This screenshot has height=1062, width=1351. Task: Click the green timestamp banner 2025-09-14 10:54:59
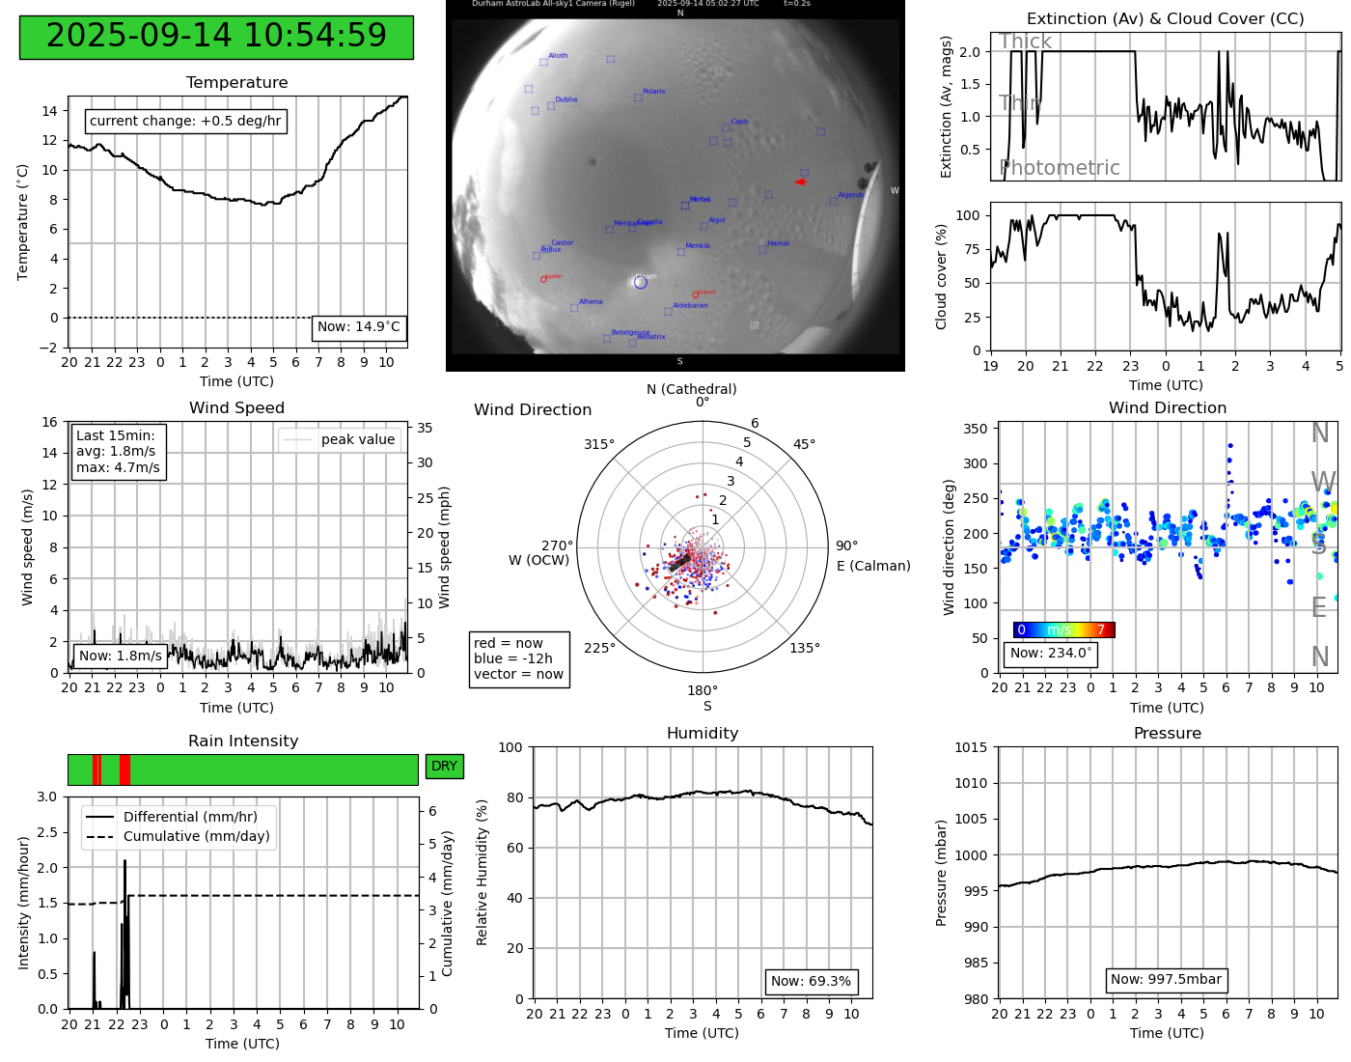(216, 37)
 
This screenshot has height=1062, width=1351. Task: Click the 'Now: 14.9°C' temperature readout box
(358, 327)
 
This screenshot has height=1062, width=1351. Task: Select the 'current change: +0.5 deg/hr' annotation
(185, 122)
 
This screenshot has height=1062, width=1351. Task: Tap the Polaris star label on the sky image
(653, 92)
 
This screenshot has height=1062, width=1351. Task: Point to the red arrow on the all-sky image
(800, 182)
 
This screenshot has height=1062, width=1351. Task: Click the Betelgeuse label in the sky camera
(629, 333)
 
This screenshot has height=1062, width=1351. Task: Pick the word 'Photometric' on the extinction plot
(1060, 168)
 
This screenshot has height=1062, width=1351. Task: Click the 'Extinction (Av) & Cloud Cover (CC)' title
(1165, 19)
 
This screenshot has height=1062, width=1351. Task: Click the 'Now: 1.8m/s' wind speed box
(121, 657)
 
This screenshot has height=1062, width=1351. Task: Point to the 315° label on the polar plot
(598, 444)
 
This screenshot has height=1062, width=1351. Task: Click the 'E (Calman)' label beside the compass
(873, 566)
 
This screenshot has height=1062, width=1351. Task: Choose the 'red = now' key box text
(509, 643)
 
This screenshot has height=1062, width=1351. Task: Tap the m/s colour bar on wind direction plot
(1063, 630)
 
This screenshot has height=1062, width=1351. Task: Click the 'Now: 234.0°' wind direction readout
(1051, 654)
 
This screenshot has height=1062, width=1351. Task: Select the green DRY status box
(444, 767)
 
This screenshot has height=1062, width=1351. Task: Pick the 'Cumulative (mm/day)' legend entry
(196, 837)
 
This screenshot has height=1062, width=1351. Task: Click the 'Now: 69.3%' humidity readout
(811, 982)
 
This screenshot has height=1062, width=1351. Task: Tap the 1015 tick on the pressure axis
(971, 747)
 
